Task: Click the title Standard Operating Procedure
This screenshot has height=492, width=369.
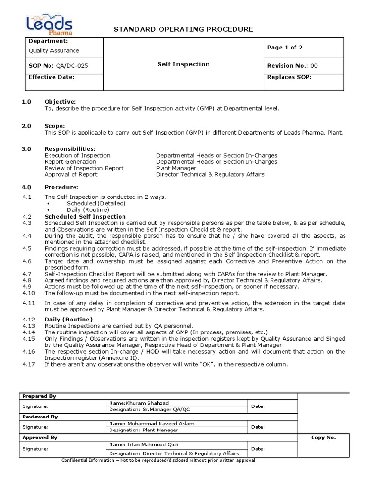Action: [x=183, y=30]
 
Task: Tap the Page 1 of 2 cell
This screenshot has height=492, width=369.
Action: [x=284, y=48]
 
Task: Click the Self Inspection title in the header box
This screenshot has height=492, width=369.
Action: [x=184, y=64]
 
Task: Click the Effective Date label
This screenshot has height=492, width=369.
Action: [x=51, y=77]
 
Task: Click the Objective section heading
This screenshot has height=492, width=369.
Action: [x=60, y=102]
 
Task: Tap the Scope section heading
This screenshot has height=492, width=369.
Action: [x=55, y=126]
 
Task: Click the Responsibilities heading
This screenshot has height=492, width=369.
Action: [x=70, y=149]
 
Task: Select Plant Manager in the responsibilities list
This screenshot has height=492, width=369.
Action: [x=176, y=168]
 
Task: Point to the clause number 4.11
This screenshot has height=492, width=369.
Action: [x=29, y=303]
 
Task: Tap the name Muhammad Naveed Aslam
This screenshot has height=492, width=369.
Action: [x=152, y=423]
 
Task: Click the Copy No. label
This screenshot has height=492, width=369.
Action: [x=324, y=438]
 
